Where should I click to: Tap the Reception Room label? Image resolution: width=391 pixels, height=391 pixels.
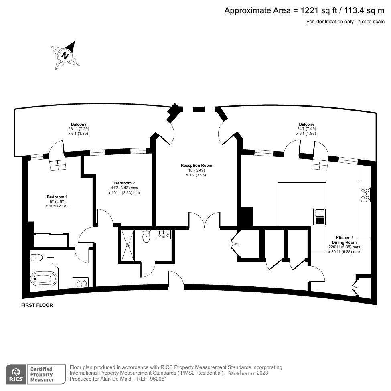(196, 165)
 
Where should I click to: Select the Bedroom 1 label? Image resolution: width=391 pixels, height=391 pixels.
(57, 197)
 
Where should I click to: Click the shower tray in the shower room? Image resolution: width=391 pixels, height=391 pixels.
(129, 244)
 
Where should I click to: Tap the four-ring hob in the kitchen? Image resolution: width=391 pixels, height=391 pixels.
(365, 194)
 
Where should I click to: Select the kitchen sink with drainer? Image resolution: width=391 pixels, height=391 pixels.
(319, 217)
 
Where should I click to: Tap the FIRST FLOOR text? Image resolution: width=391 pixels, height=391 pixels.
(37, 305)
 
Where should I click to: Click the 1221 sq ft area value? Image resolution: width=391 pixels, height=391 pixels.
(318, 10)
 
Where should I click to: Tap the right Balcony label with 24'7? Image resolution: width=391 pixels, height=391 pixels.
(306, 124)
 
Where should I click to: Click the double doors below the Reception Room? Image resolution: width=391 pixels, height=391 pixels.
(204, 220)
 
